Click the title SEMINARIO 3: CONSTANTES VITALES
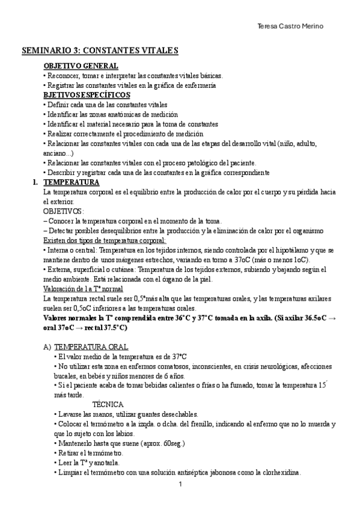[100, 52]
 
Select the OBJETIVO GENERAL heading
[81, 66]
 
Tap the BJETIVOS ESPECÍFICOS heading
[86, 95]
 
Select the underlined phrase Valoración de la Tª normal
[83, 288]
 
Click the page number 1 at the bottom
[180, 483]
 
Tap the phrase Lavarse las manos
[85, 414]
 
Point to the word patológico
[203, 162]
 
